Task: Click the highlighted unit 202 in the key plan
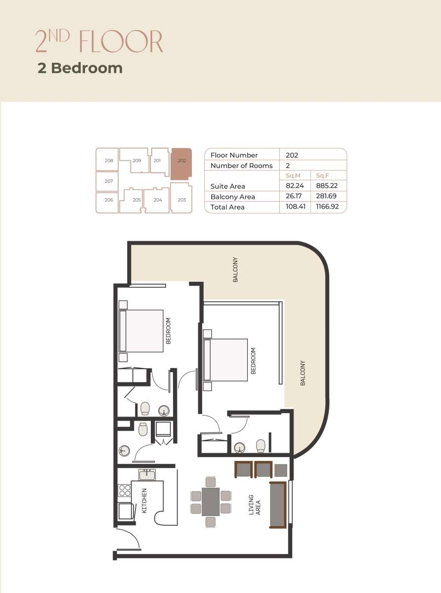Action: click(x=181, y=164)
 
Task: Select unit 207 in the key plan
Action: click(x=107, y=181)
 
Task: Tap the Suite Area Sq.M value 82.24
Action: click(x=295, y=185)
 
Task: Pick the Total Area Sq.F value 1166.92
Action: click(x=327, y=207)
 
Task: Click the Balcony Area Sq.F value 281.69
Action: click(x=326, y=196)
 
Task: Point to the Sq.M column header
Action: click(x=293, y=175)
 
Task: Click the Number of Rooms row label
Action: click(x=241, y=166)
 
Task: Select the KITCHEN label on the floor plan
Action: click(x=144, y=501)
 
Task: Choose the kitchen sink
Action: click(x=147, y=475)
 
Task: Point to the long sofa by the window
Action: click(x=278, y=505)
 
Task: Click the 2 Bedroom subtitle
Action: click(x=80, y=68)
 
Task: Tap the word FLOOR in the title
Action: click(x=121, y=42)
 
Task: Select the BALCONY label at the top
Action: click(x=235, y=269)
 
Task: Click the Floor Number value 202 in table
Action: click(x=292, y=155)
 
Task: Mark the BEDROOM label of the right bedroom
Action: click(x=253, y=361)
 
